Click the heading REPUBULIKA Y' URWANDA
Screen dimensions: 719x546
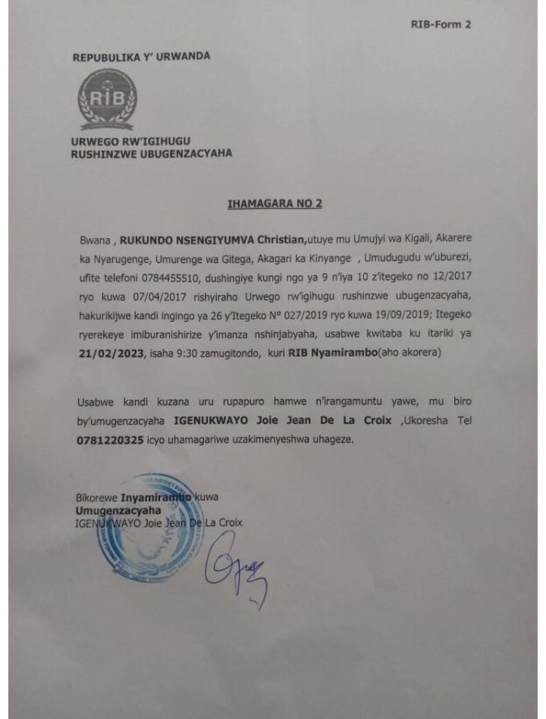tap(141, 57)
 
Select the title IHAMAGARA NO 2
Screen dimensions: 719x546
tap(274, 203)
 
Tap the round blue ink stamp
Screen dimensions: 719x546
tap(151, 528)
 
